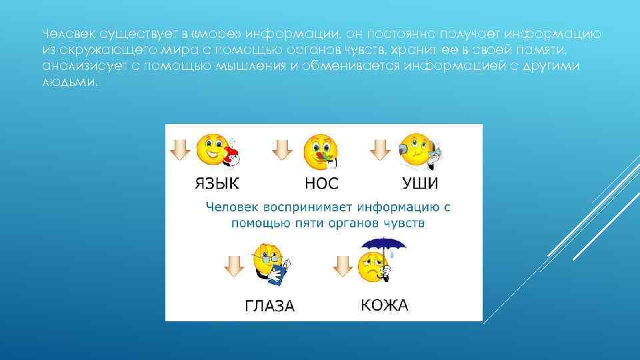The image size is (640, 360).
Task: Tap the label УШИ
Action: click(420, 183)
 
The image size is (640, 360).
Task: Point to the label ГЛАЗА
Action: click(270, 306)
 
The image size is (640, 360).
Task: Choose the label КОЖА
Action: click(384, 305)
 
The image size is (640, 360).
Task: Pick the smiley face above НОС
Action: click(319, 151)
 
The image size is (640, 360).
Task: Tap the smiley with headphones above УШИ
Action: click(417, 151)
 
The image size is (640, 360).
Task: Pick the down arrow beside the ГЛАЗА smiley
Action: click(233, 266)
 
